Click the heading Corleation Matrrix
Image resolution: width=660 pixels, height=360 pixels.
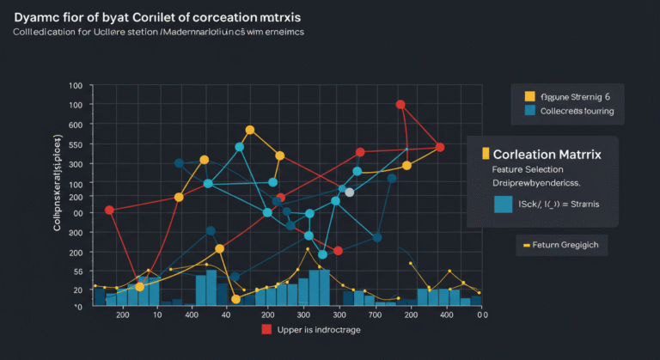tap(547, 153)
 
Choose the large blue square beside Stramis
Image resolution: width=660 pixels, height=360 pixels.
tap(503, 204)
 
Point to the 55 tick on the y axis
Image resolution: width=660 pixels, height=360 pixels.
tap(76, 272)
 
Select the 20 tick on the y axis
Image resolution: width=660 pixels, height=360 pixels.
tap(76, 291)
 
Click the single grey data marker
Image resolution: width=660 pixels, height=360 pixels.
tap(349, 193)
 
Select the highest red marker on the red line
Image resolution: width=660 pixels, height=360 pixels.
tap(400, 105)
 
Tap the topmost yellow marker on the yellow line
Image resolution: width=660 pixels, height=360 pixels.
tap(250, 131)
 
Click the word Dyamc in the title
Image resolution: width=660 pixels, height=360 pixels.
tap(34, 16)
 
